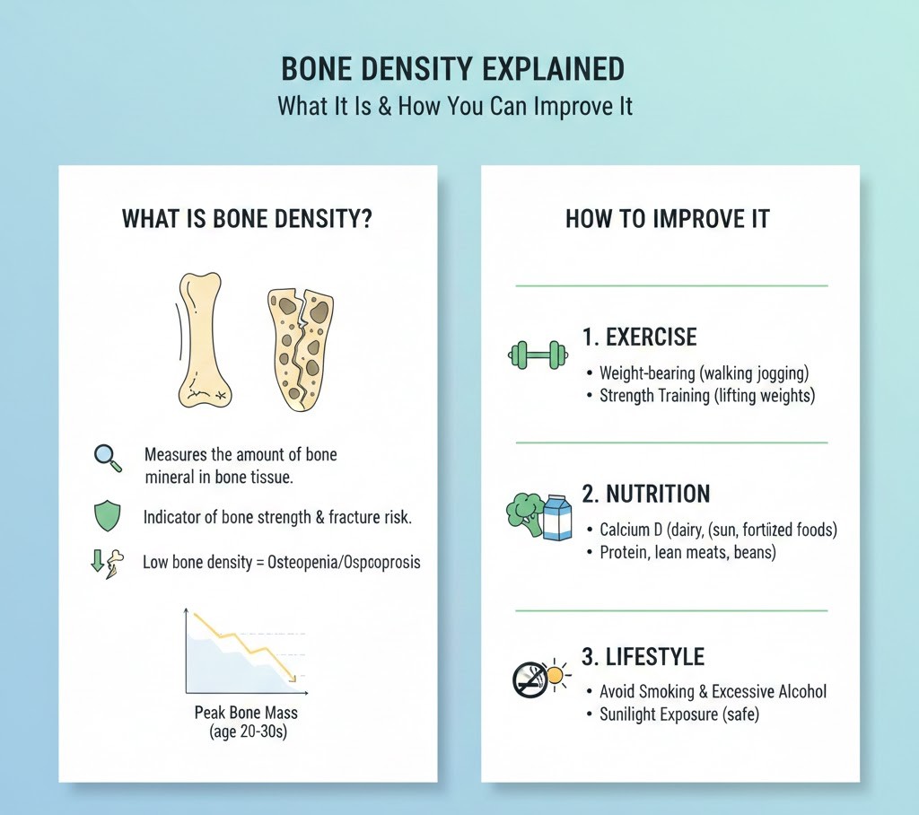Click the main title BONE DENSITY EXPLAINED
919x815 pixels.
click(453, 70)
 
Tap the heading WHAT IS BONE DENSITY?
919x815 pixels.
click(247, 219)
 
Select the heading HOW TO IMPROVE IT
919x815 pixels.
click(667, 219)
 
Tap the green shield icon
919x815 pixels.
click(107, 516)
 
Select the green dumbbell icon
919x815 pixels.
click(537, 354)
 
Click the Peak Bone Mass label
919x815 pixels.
click(246, 713)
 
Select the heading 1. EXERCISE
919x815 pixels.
click(639, 337)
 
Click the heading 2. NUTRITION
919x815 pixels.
click(645, 494)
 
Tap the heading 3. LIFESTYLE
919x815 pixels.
click(642, 655)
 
